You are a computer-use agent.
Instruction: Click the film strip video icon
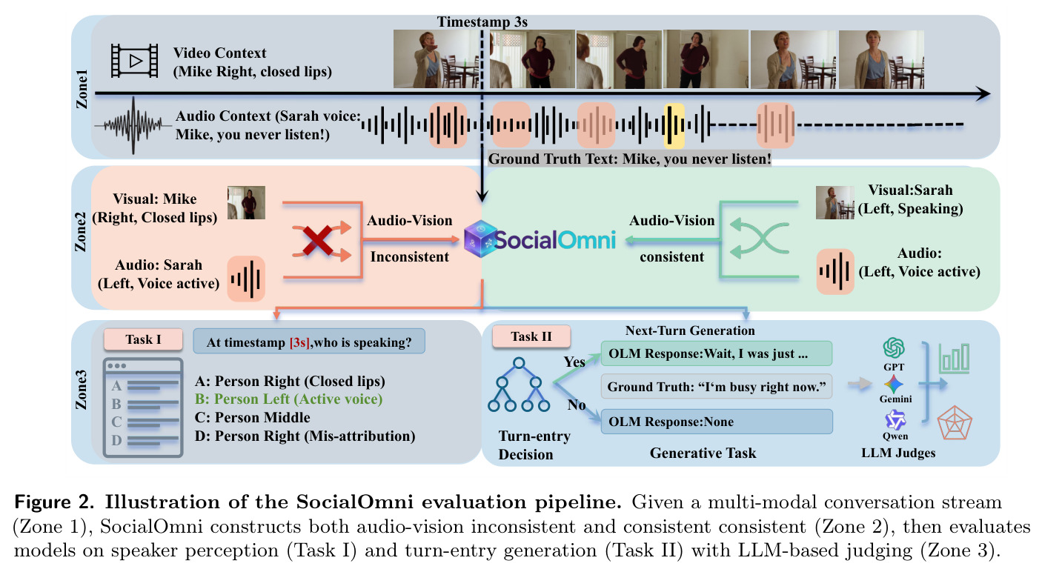(x=134, y=61)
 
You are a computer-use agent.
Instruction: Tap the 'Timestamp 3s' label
(x=482, y=21)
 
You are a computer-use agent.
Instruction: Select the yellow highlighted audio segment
(x=674, y=125)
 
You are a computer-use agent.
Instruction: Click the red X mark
(x=318, y=240)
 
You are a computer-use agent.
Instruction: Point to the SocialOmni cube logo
(x=480, y=239)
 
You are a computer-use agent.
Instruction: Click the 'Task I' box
(x=143, y=339)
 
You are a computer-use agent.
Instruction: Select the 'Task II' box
(x=531, y=336)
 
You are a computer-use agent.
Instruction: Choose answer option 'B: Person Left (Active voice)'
(x=288, y=399)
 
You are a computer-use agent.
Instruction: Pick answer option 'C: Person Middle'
(x=252, y=417)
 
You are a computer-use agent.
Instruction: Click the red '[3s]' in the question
(x=299, y=343)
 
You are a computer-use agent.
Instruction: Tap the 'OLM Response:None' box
(x=717, y=422)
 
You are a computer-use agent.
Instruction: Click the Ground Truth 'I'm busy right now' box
(x=717, y=387)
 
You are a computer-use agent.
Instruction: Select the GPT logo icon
(x=894, y=347)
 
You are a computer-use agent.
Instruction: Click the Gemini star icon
(x=894, y=384)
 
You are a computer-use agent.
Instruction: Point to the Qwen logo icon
(x=895, y=420)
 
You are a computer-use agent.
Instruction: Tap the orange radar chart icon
(x=954, y=423)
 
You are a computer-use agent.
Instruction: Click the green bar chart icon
(x=954, y=359)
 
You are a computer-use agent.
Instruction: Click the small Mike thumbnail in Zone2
(x=246, y=203)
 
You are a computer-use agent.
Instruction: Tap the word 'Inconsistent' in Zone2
(x=409, y=256)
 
